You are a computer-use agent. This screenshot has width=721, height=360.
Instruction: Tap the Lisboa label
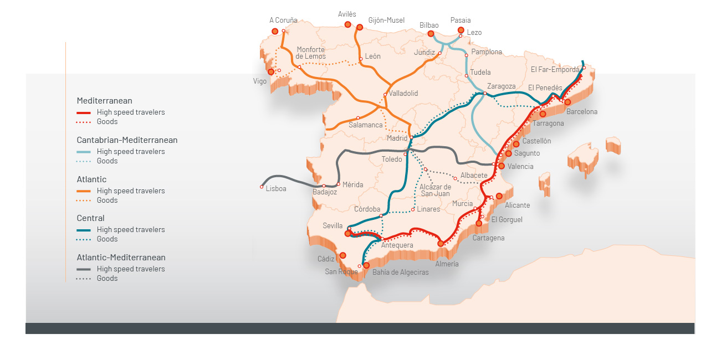276,189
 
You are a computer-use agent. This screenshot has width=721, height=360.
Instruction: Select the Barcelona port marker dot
567,102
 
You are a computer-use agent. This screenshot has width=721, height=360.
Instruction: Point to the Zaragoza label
501,86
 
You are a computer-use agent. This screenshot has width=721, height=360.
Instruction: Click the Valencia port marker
502,166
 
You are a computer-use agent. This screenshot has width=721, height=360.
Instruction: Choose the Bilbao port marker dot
431,34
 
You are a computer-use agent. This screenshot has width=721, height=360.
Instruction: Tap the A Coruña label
283,20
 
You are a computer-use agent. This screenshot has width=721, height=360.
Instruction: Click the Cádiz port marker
342,255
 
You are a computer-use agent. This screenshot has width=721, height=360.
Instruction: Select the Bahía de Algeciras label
400,272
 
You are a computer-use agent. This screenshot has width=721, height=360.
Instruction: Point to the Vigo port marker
271,72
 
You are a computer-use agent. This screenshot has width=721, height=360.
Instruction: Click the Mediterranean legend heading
104,101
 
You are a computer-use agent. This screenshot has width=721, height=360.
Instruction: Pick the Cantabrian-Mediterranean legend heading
127,140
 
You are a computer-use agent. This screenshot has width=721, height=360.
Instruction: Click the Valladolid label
403,94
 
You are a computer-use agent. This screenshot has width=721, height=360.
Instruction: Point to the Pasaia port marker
461,30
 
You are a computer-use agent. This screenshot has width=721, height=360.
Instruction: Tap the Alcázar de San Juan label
435,190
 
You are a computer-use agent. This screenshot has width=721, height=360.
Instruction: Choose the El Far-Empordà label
555,70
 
